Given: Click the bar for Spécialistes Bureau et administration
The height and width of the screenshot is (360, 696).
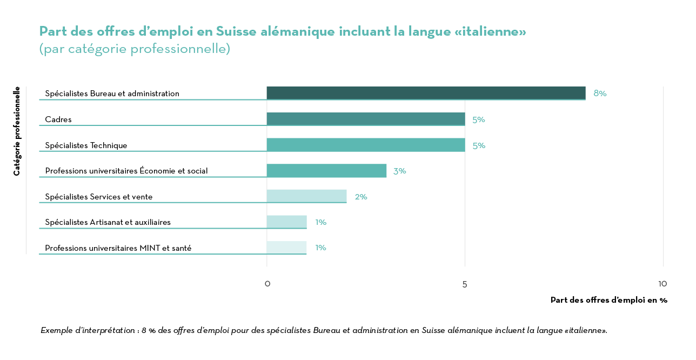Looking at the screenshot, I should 426,93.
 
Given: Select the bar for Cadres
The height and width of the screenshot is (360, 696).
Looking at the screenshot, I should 366,119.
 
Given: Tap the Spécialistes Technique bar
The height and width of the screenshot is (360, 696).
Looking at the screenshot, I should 366,145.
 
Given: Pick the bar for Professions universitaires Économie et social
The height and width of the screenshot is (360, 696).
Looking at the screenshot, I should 326,171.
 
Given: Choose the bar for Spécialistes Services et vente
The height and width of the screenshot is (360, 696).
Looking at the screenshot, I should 306,196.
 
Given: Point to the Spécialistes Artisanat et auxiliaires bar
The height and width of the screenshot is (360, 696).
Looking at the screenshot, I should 286,222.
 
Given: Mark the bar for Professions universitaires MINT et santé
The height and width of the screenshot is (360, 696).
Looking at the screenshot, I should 286,248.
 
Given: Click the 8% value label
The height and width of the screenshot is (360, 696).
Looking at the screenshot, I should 600,93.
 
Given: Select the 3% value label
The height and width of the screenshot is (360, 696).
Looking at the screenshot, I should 399,171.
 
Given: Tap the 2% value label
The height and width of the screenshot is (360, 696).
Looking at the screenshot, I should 361,197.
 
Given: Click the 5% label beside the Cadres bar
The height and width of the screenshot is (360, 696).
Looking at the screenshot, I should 479,119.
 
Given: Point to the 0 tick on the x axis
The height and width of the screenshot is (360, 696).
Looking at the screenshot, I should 267,284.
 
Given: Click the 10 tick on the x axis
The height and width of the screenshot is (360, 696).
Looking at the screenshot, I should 662,284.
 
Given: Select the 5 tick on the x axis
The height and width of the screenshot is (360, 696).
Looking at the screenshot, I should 465,284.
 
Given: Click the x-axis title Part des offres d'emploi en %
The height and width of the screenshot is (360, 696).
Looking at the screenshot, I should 608,300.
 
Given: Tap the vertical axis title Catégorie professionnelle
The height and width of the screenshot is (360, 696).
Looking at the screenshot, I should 17,131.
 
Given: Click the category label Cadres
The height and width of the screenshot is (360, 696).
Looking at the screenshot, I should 58,119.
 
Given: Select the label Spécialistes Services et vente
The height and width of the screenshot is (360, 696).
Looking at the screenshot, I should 99,197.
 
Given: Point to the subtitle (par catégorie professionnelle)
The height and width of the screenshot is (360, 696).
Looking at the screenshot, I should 135,49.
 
